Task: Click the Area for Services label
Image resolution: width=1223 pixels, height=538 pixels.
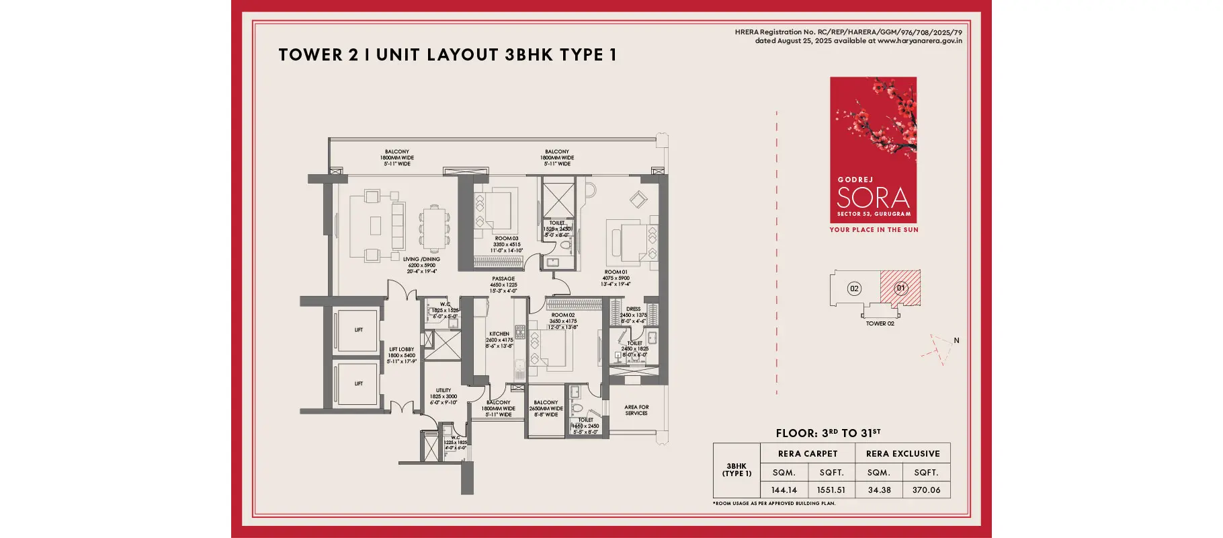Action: click(636, 410)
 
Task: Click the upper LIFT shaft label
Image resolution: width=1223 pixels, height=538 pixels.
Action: click(359, 330)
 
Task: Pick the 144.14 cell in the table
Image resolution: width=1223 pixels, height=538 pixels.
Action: click(784, 490)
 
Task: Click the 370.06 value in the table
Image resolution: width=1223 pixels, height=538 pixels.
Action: click(926, 490)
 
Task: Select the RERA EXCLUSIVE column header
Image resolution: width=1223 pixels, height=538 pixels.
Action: click(902, 454)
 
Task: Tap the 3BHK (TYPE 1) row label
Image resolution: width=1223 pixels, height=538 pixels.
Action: click(736, 470)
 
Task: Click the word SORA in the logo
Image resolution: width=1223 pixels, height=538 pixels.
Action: click(873, 198)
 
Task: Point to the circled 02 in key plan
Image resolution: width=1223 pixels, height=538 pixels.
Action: click(854, 289)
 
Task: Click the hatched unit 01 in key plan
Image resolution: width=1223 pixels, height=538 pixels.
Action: click(901, 288)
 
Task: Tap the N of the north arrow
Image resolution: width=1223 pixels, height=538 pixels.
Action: click(956, 340)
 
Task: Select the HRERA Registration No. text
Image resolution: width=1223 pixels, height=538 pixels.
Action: click(848, 32)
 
